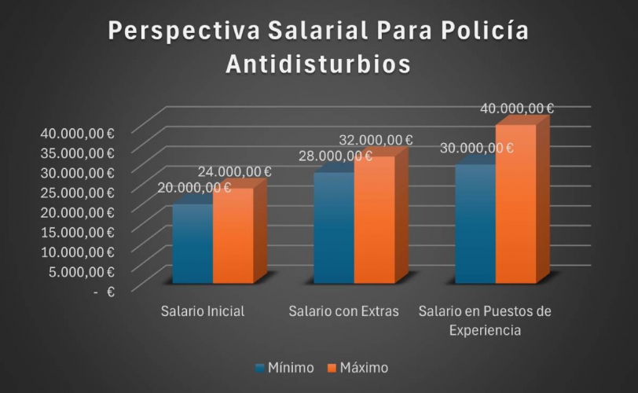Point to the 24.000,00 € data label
pos(234,171)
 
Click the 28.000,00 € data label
pos(335,156)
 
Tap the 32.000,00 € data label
pos(376,140)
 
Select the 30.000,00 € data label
pos(477,148)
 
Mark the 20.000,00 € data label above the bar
pos(193,187)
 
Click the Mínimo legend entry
pos(284,367)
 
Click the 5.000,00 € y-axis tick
pos(80,271)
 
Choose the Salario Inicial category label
pos(203,311)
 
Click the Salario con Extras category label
pos(344,311)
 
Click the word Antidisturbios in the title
pos(318,64)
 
